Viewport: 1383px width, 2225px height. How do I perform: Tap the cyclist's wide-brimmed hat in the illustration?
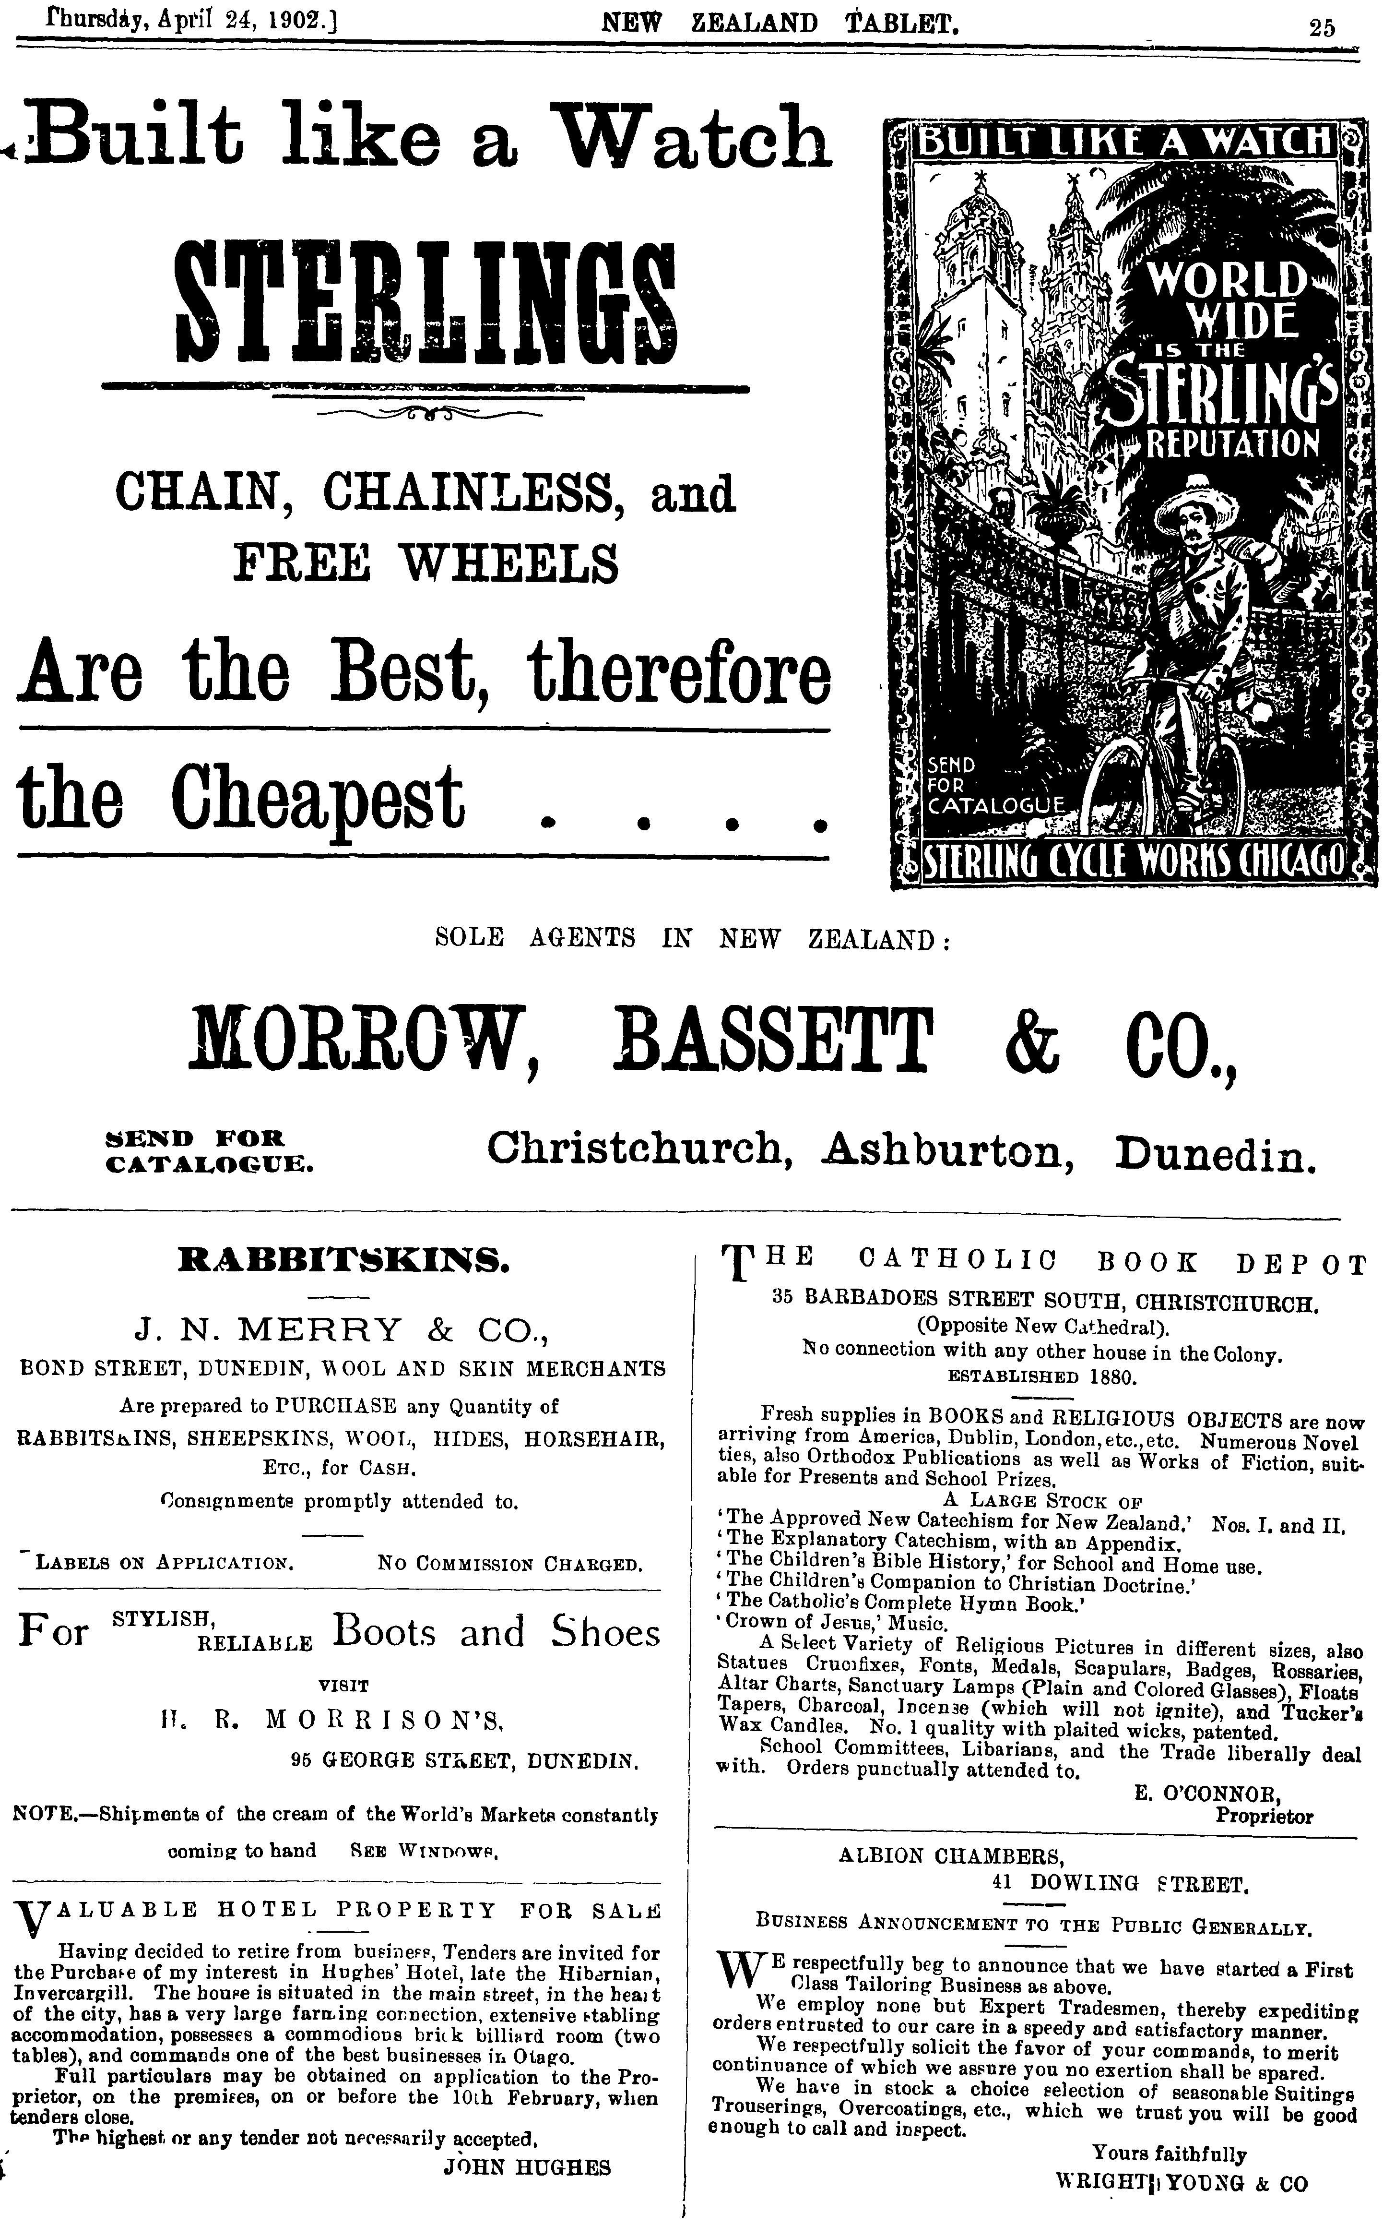1192,499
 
